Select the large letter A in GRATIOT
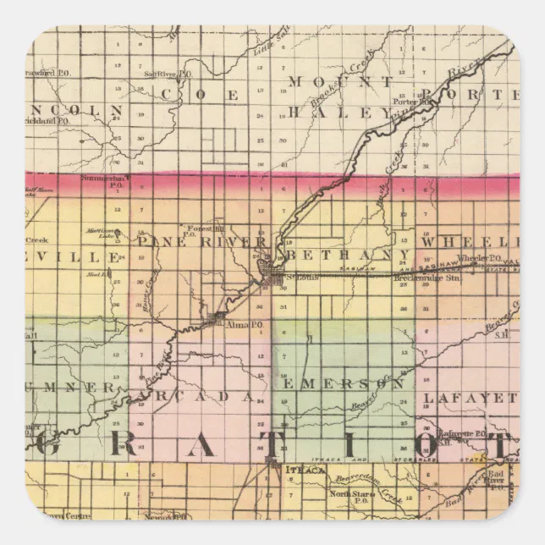206,445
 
